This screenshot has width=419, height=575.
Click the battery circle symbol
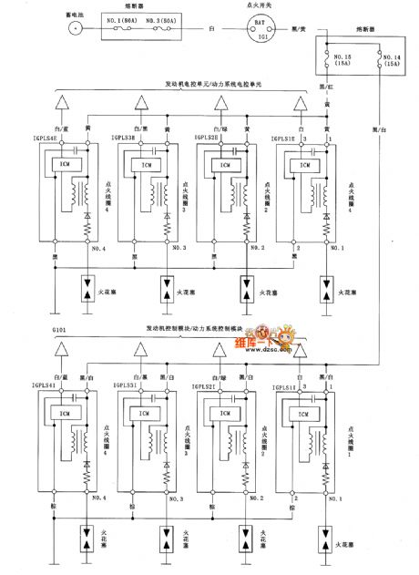tap(72, 28)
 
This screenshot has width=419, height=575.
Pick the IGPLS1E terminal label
tap(283, 138)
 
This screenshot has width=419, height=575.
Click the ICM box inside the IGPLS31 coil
tap(144, 412)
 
